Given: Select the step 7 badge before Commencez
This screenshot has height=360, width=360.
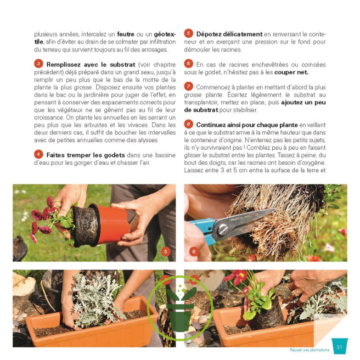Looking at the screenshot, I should pos(188,86).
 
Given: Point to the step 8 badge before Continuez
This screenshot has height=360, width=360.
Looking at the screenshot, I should pos(188,123).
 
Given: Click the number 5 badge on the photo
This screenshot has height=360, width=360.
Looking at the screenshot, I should pos(166,251).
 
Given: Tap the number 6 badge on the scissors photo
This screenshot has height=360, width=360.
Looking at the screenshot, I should pos(194,251).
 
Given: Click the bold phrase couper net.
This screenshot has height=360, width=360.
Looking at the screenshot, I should pos(294,72).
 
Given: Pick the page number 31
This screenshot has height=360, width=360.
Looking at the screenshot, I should pos(340,347).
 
